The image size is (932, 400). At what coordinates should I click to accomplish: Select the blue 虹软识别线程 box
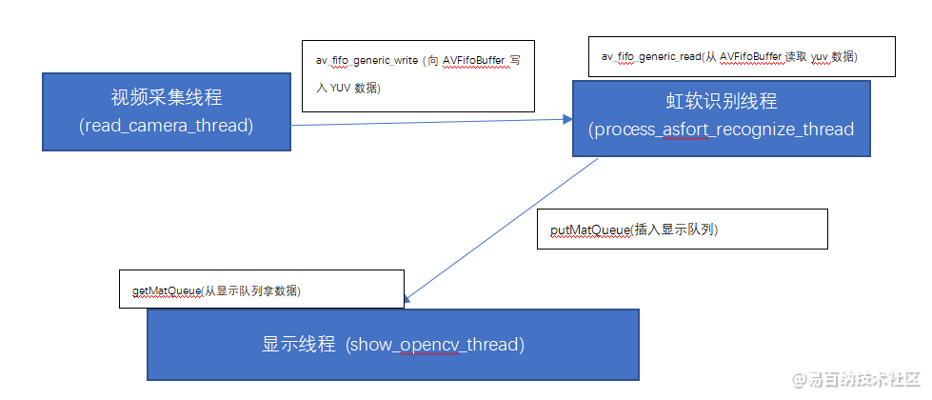(721, 118)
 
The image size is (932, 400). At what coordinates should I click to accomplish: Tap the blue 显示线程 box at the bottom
(392, 344)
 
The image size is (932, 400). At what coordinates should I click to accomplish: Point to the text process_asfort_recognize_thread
(721, 129)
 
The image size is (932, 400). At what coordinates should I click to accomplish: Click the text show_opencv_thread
(436, 344)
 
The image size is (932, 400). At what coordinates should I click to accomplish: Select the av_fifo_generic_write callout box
(418, 73)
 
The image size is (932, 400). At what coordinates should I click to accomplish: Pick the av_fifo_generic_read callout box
(742, 57)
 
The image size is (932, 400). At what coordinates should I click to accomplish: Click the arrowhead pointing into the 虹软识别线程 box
(566, 119)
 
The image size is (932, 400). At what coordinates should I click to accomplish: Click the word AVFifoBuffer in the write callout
(473, 60)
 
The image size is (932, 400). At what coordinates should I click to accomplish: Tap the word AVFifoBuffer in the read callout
(749, 57)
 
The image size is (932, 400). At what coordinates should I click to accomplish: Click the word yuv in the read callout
(821, 57)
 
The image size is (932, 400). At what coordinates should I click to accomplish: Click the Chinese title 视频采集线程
(166, 98)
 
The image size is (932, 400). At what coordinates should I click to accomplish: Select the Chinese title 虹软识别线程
(721, 102)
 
